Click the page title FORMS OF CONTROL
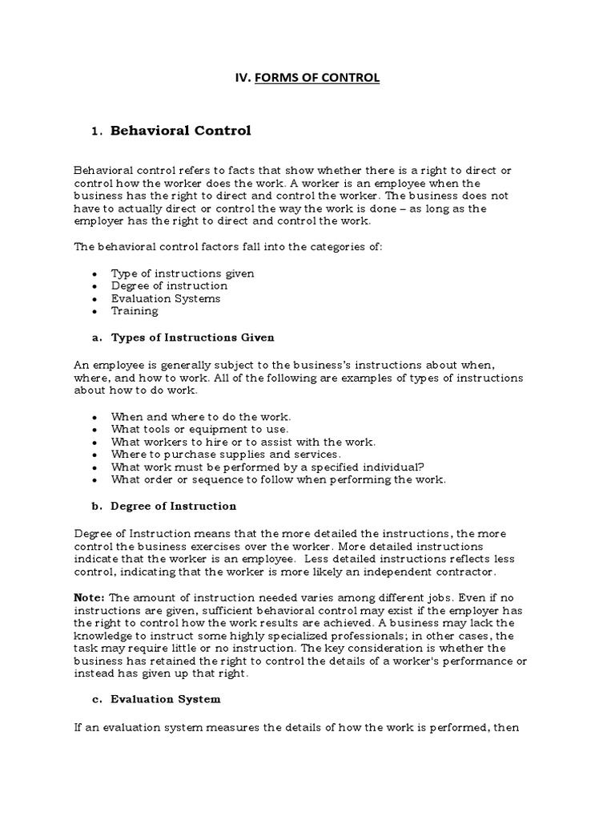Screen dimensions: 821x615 coord(317,78)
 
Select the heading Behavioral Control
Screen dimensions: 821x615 coord(180,130)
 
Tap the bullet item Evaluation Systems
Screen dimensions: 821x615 coord(166,298)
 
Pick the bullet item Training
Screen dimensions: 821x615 coord(135,311)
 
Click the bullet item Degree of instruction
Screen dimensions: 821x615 coord(169,285)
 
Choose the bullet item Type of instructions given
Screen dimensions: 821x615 coord(183,273)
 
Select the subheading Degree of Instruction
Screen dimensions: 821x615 coord(174,506)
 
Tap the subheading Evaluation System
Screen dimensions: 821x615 coord(166,699)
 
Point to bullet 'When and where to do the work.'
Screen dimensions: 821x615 coord(201,417)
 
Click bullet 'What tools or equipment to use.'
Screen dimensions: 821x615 coord(199,429)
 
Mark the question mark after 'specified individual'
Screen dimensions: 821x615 coord(421,467)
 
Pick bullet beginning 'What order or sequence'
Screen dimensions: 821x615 coord(278,479)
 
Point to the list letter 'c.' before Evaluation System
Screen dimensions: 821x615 coord(98,699)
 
